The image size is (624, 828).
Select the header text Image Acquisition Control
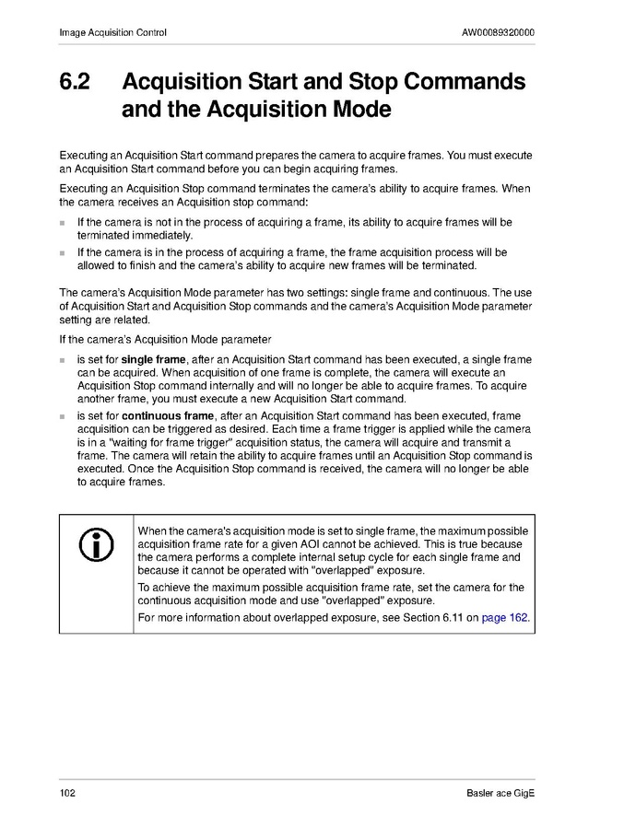tap(112, 33)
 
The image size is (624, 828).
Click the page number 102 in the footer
tap(66, 794)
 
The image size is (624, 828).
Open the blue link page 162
tap(504, 617)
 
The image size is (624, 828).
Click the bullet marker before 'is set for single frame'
tap(63, 359)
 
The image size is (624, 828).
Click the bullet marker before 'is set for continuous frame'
tap(63, 417)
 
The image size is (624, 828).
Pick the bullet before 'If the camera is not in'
tap(63, 223)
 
